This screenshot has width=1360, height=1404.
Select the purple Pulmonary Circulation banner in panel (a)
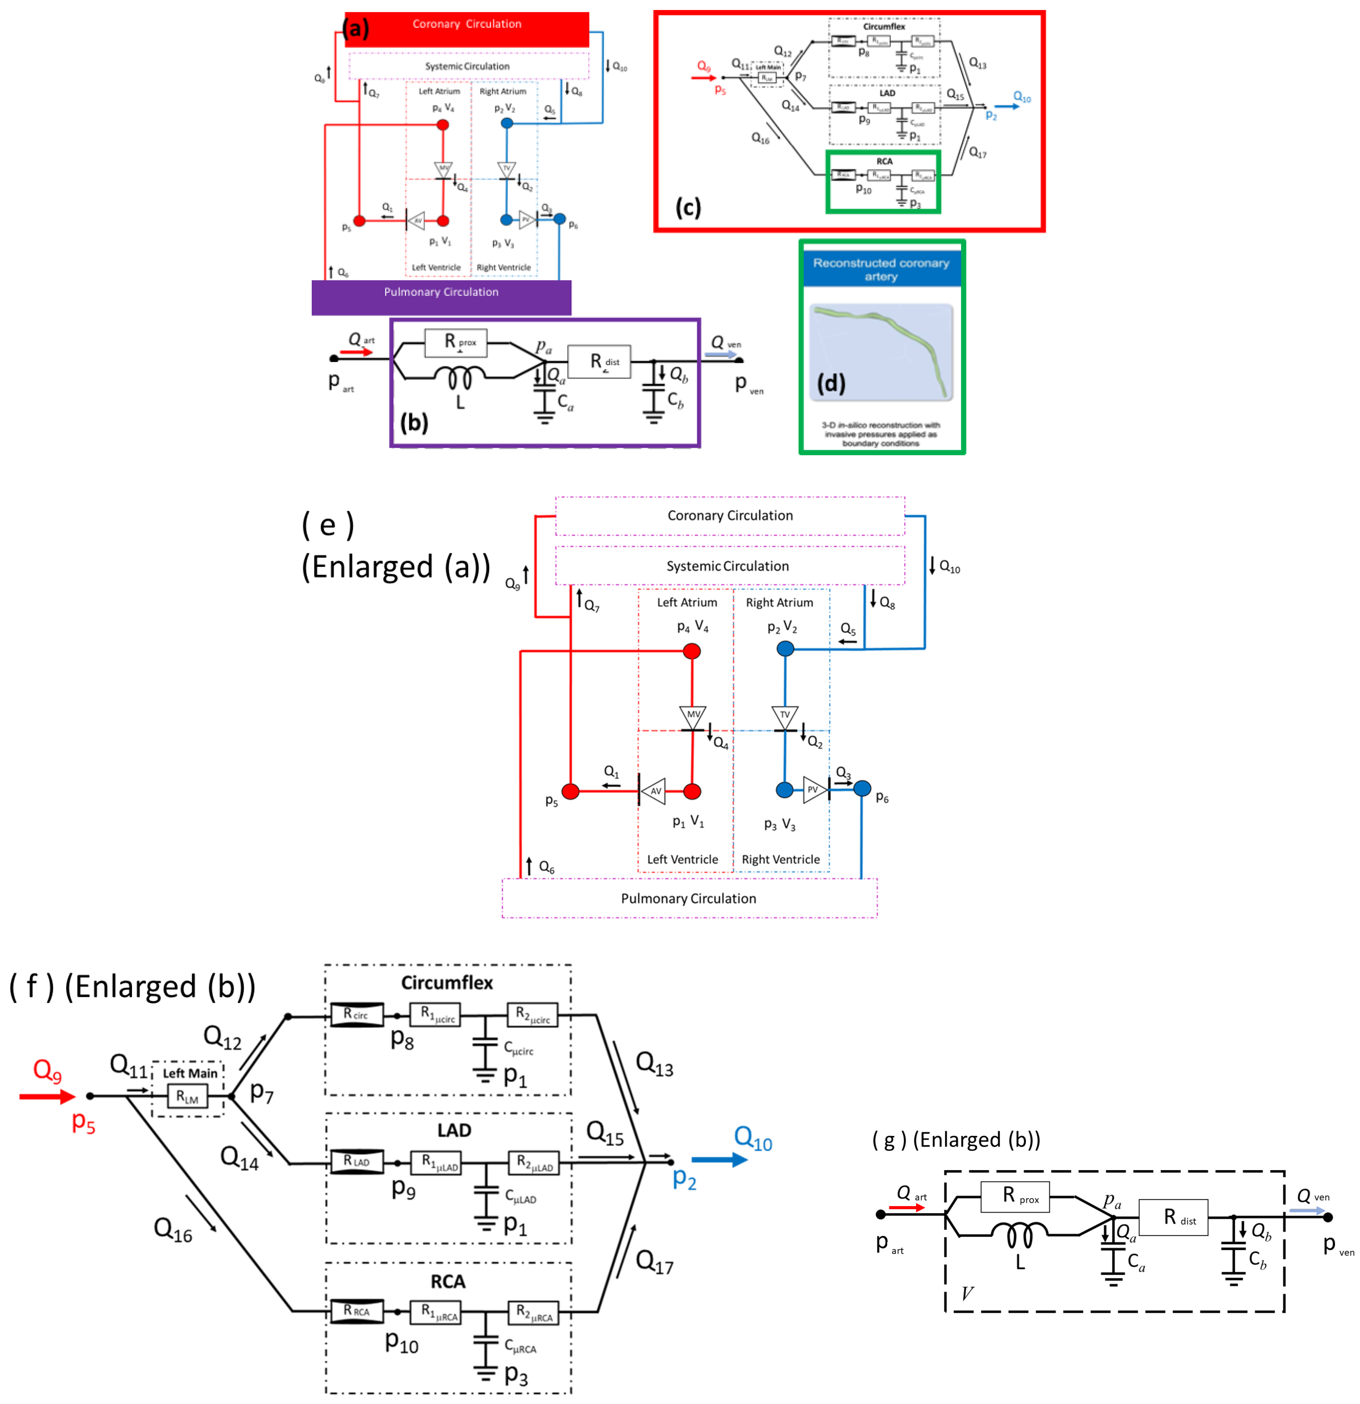click(441, 296)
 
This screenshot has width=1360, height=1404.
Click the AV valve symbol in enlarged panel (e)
click(653, 791)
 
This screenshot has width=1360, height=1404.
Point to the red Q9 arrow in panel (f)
click(47, 1096)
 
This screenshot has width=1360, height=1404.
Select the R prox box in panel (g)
click(1015, 1197)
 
